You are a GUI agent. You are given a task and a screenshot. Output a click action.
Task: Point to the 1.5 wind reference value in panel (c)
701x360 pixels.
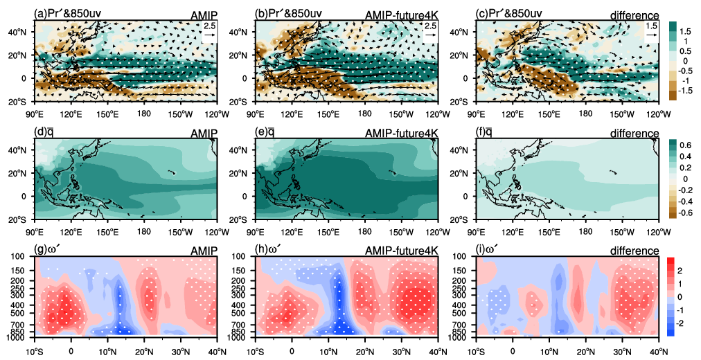[x=651, y=26]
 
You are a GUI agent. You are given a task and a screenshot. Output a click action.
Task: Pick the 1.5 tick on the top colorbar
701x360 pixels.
[x=685, y=31]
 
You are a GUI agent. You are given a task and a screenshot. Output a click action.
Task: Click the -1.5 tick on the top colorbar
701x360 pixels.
[x=686, y=91]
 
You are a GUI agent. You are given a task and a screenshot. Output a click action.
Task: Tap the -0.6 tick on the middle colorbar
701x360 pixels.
[x=686, y=212]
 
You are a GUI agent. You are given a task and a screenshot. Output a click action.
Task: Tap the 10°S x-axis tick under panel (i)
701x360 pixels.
[x=476, y=351]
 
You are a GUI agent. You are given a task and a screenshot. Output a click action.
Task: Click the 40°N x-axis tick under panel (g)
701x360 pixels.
[x=218, y=351]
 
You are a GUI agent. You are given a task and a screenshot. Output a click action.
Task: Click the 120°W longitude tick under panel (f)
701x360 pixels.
[x=658, y=233]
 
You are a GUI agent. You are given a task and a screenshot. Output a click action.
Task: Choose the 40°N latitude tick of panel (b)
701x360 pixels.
[x=246, y=32]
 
